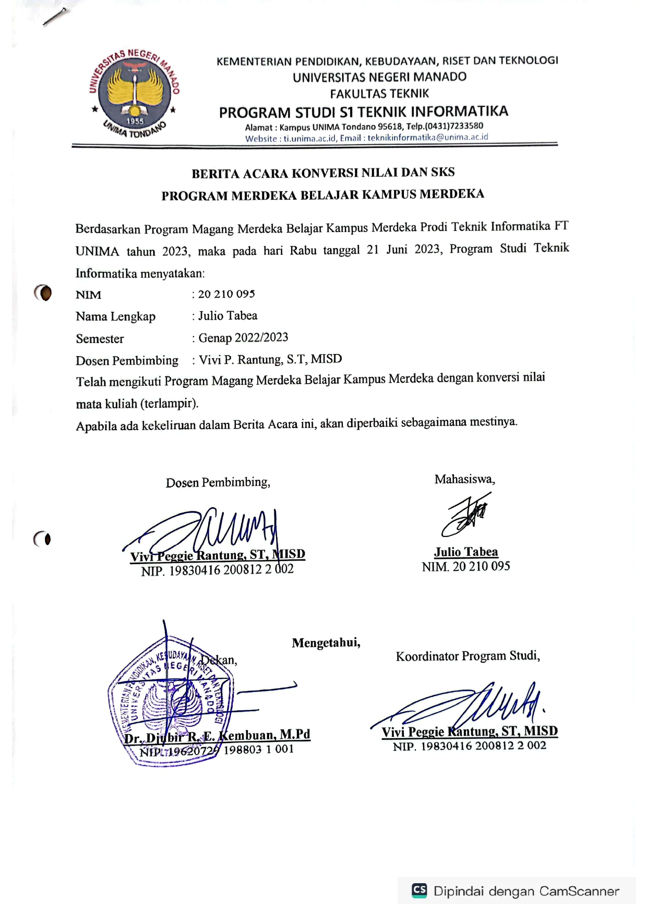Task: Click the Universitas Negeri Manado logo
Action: tap(135, 93)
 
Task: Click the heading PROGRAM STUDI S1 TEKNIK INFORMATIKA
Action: tap(363, 112)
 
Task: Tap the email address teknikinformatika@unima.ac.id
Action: tap(428, 138)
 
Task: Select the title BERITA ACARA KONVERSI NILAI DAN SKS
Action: tap(323, 173)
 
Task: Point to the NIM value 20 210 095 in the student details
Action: tap(226, 294)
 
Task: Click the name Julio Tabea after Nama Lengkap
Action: tap(227, 316)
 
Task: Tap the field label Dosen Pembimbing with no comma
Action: tap(127, 361)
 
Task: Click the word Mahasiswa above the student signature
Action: tap(464, 479)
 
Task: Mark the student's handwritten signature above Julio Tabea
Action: tap(466, 515)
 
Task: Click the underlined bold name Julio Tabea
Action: tap(466, 552)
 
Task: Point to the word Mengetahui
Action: tap(326, 643)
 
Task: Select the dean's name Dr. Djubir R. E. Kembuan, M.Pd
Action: tap(217, 736)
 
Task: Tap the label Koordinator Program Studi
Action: tap(468, 656)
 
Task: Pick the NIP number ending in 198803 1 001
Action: tap(217, 750)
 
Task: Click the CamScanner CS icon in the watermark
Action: tap(420, 890)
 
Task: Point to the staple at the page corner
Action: tap(55, 17)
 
